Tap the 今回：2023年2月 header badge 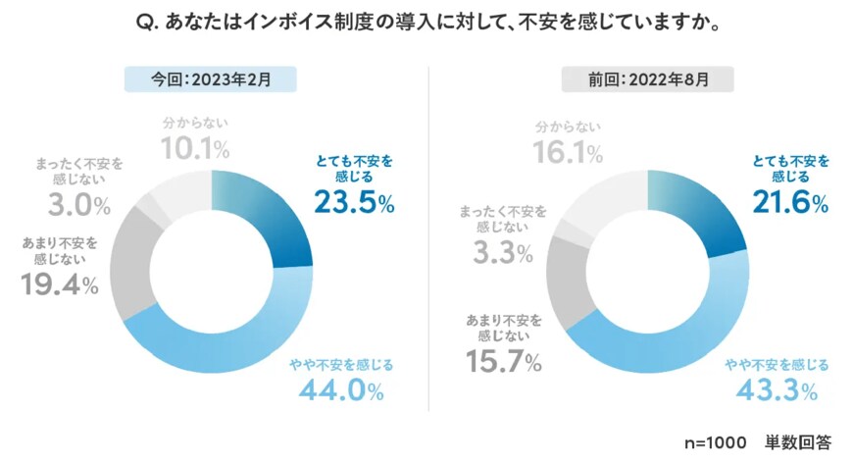click(210, 78)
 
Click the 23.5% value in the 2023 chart click(354, 203)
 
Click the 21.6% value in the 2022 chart click(789, 203)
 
